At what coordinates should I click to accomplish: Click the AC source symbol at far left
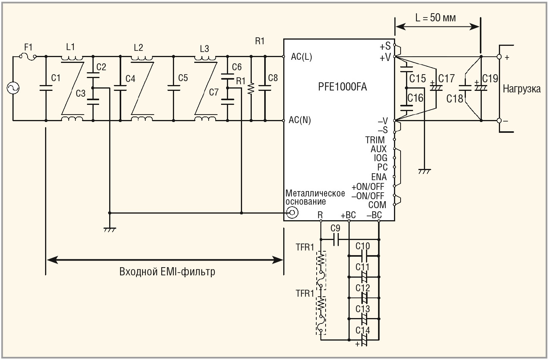[12, 88]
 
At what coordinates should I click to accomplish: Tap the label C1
[56, 78]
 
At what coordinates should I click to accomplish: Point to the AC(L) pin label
[301, 57]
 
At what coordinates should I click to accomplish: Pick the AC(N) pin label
[300, 120]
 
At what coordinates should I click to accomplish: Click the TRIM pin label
[375, 140]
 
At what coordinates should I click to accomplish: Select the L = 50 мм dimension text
[435, 18]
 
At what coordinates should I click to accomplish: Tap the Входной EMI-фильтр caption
[167, 271]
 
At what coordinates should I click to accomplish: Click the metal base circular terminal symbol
[292, 213]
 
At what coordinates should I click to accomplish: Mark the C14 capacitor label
[363, 330]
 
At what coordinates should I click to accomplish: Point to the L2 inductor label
[138, 47]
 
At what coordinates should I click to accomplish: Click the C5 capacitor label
[183, 78]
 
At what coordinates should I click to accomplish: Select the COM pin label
[377, 205]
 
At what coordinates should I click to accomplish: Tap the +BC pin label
[348, 215]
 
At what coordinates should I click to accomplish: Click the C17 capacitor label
[446, 79]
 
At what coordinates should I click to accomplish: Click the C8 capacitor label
[273, 78]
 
